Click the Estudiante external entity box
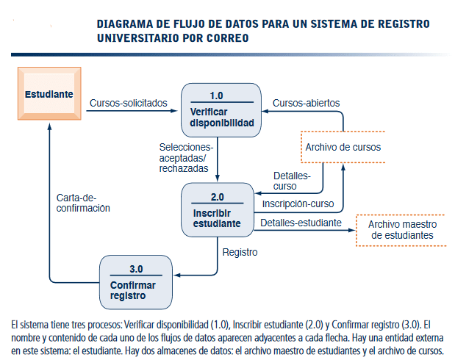pyautogui.click(x=49, y=95)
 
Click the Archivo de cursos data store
pyautogui.click(x=343, y=147)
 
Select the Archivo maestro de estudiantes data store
pyautogui.click(x=401, y=230)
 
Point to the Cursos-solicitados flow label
pyautogui.click(x=128, y=102)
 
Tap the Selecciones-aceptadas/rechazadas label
pyautogui.click(x=182, y=157)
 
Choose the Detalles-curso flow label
pyautogui.click(x=292, y=181)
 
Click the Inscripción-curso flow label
pyautogui.click(x=298, y=204)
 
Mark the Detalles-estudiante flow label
pyautogui.click(x=301, y=222)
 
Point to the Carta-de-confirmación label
pyautogui.click(x=83, y=203)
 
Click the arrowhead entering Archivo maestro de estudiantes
pyautogui.click(x=350, y=230)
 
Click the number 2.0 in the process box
pyautogui.click(x=217, y=197)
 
